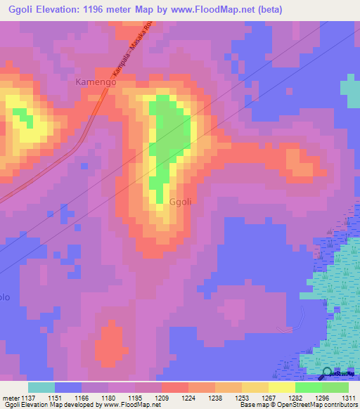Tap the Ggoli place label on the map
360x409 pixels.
180,202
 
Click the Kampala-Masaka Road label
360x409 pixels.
134,50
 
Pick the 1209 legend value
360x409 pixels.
162,398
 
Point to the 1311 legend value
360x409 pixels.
348,398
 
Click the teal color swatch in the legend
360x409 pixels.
41,387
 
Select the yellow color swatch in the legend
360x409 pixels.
281,387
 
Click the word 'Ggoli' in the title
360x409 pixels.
21,8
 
